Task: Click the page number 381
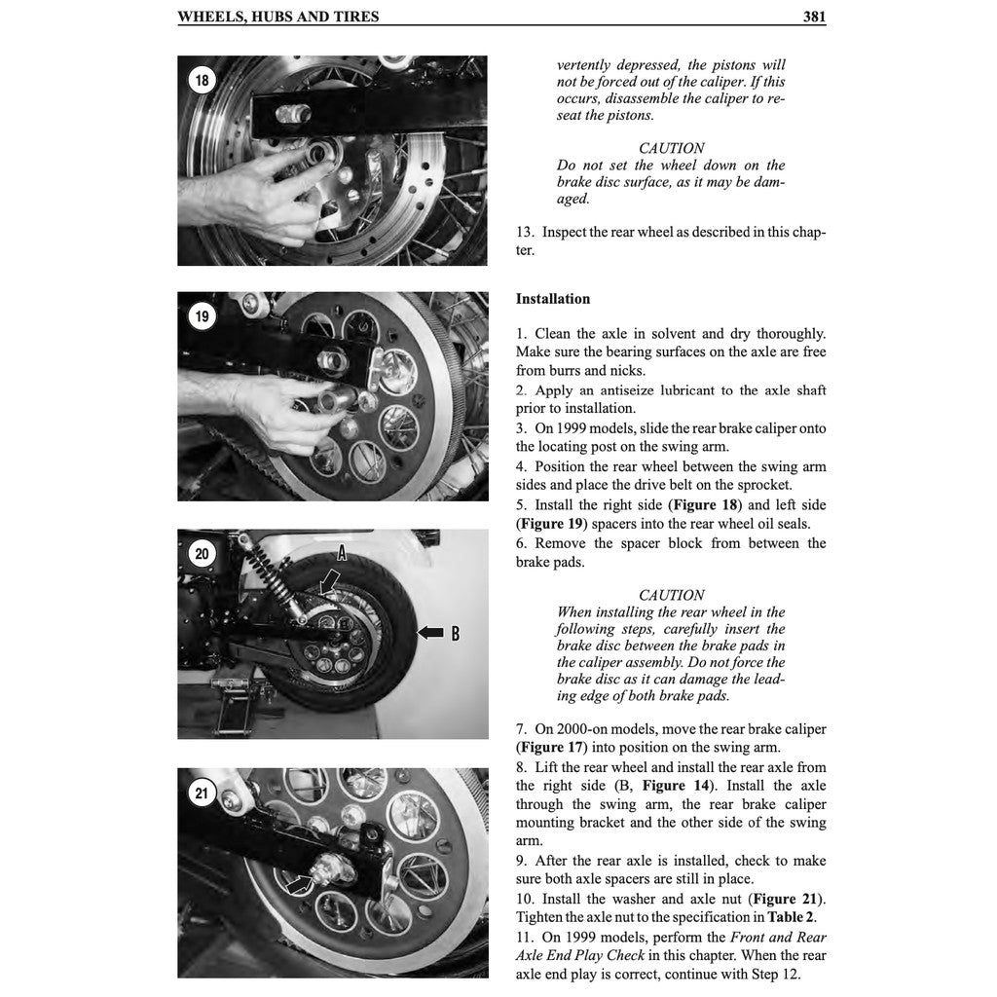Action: pyautogui.click(x=814, y=17)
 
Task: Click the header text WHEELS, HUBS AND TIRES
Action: pyautogui.click(x=278, y=17)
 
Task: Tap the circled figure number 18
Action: pyautogui.click(x=202, y=81)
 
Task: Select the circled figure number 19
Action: pyautogui.click(x=202, y=316)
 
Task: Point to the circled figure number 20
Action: pyautogui.click(x=202, y=554)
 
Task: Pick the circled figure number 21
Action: pyautogui.click(x=202, y=793)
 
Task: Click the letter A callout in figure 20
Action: pyautogui.click(x=342, y=552)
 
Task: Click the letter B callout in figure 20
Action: pyautogui.click(x=454, y=634)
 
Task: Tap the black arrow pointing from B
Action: pyautogui.click(x=429, y=634)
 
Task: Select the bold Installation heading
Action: pyautogui.click(x=552, y=299)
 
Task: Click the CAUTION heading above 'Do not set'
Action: pyautogui.click(x=671, y=148)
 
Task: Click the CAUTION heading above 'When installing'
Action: pyautogui.click(x=671, y=595)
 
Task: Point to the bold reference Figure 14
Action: pyautogui.click(x=678, y=786)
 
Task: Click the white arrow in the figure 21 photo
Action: pyautogui.click(x=302, y=883)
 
